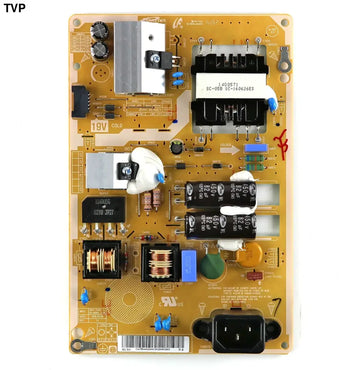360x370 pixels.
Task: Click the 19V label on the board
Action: click(100, 126)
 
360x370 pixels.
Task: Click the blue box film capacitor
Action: click(190, 263)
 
